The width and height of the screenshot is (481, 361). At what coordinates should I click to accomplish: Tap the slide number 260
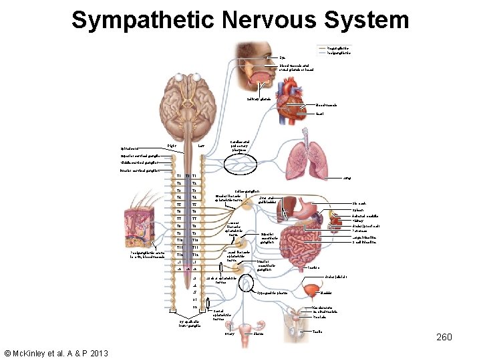coord(444,338)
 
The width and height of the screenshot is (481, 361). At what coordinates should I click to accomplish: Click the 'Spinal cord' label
coord(131,148)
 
